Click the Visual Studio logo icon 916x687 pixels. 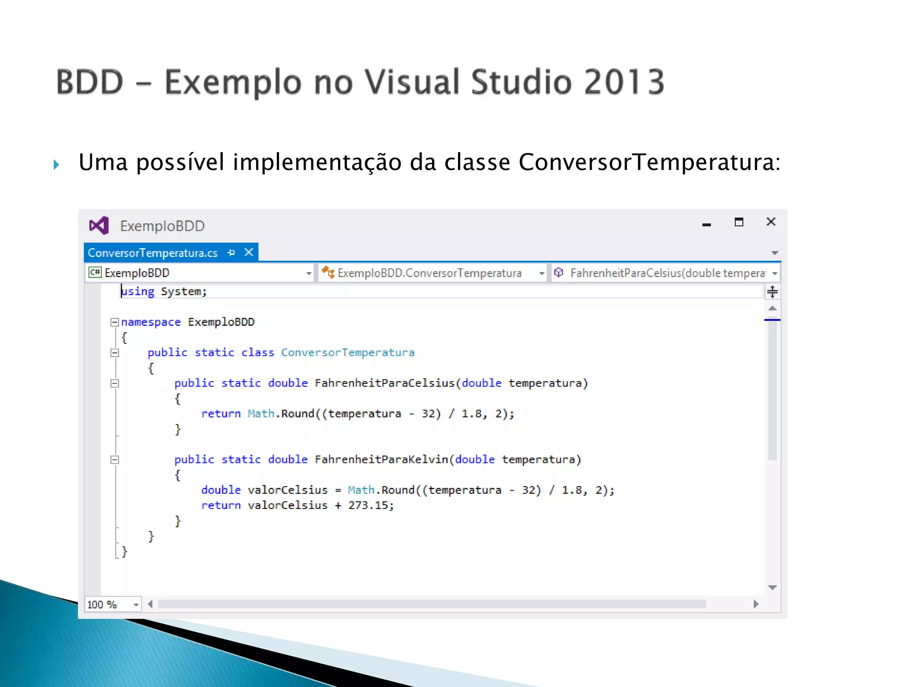point(99,225)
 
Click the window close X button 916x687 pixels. point(771,222)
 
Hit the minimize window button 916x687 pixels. point(707,224)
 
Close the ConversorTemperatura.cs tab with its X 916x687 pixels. point(249,252)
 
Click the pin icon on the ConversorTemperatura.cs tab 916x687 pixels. point(231,253)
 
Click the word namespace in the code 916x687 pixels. point(151,322)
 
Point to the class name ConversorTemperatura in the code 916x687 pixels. point(348,352)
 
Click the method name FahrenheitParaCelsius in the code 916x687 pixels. point(384,383)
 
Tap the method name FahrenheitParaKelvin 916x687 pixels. point(381,459)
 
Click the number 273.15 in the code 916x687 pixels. point(368,505)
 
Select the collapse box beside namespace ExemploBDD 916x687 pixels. point(114,322)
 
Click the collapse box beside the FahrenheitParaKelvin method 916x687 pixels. point(114,460)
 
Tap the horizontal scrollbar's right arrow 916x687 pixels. point(756,604)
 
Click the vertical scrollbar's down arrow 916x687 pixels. point(772,588)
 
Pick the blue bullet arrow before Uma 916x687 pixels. point(56,165)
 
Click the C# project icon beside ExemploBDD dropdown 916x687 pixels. point(95,272)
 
